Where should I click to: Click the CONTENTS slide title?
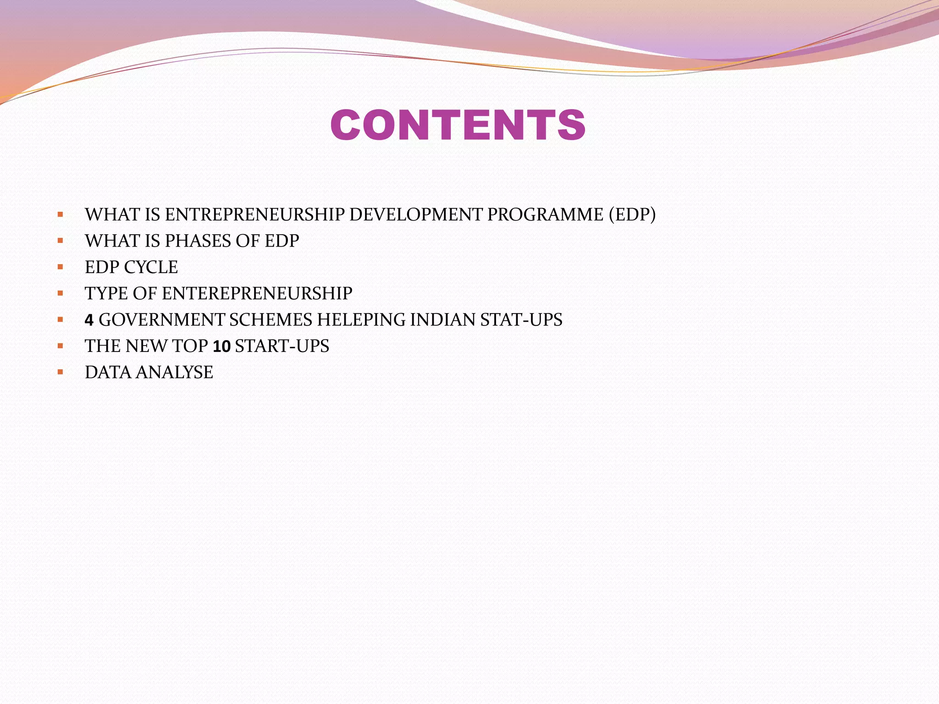(458, 125)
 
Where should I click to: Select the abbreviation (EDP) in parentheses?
(632, 214)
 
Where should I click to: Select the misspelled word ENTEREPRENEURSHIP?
(257, 293)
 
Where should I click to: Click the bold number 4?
(89, 320)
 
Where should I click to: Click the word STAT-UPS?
(521, 320)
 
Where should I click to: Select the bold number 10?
(221, 346)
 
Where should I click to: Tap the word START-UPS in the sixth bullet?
(282, 346)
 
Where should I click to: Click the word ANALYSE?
(174, 372)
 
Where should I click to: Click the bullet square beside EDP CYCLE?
(60, 267)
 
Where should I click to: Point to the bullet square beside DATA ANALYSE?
(60, 372)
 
